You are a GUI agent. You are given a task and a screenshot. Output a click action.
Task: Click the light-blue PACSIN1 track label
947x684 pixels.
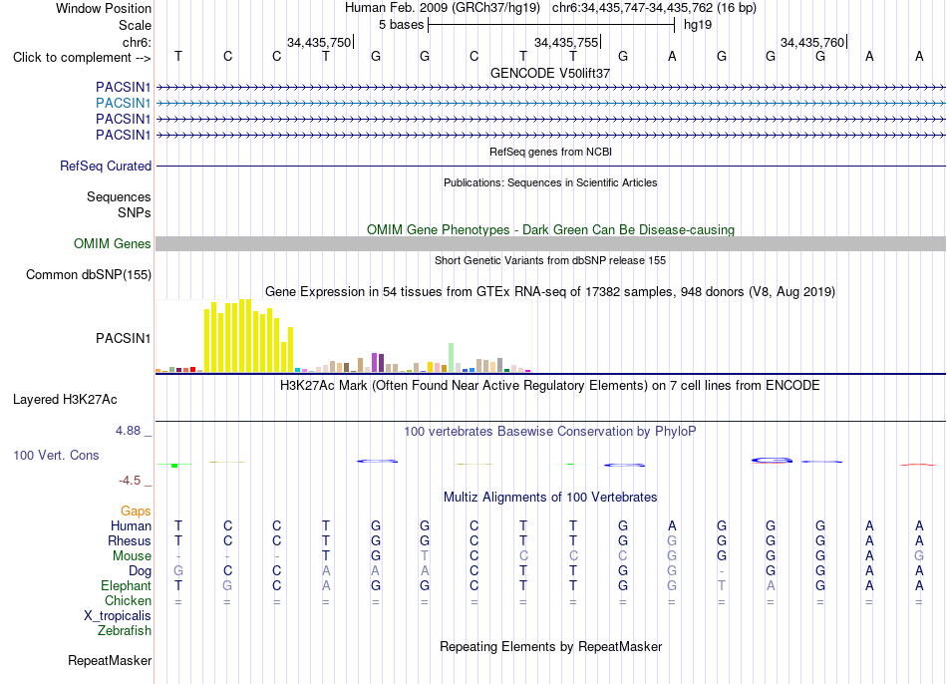tap(124, 103)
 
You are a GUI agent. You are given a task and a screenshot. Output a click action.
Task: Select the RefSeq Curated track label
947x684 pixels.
tap(106, 166)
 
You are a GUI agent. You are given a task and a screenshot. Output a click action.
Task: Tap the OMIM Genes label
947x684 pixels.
tap(113, 243)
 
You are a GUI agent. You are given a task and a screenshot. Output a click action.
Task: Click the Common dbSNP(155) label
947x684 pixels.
tap(89, 275)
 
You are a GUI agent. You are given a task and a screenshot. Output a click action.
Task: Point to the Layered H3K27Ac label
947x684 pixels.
tap(65, 400)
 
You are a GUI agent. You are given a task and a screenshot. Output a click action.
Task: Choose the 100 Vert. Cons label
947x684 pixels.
tap(56, 455)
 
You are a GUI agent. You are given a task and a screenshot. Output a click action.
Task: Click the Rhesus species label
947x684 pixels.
tap(130, 540)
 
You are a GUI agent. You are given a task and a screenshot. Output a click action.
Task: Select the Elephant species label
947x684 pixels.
tap(127, 585)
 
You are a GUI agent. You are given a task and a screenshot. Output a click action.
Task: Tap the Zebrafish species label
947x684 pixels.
tap(125, 630)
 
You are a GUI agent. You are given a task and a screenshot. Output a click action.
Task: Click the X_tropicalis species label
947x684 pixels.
tap(118, 616)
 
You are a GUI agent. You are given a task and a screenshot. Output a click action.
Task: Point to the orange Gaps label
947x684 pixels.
tap(136, 512)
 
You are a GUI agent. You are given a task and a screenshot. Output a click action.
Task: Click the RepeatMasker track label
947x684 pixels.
tap(110, 660)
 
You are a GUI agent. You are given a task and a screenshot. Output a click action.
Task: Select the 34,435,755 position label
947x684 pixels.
tap(566, 42)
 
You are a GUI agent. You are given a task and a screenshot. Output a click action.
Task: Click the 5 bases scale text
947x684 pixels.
tap(402, 25)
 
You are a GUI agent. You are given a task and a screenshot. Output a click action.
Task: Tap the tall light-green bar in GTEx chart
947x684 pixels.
tap(452, 358)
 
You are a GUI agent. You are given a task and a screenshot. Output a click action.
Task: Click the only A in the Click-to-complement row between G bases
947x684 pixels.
tap(672, 56)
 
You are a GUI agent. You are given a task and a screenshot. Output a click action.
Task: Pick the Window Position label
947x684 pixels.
tap(104, 8)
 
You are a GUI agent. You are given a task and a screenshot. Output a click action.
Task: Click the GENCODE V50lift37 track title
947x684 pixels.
tap(550, 73)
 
